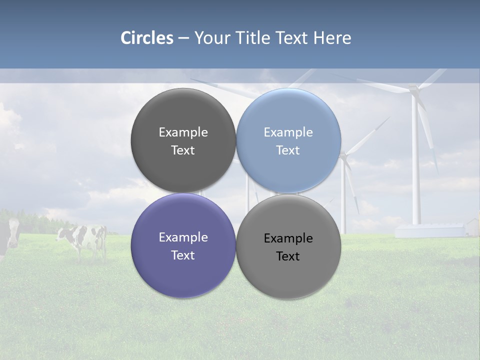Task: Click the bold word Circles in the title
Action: (x=146, y=38)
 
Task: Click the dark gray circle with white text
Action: (x=183, y=140)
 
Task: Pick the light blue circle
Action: (x=288, y=140)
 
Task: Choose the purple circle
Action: (x=183, y=246)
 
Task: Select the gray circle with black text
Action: (x=288, y=246)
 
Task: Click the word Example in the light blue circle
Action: (x=288, y=132)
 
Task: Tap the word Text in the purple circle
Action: (x=183, y=255)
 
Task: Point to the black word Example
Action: (x=288, y=238)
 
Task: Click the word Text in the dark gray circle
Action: (x=183, y=150)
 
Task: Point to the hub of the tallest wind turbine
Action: (x=414, y=89)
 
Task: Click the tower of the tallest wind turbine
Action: (x=415, y=165)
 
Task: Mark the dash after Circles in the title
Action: (x=183, y=38)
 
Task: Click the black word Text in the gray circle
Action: (x=288, y=256)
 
